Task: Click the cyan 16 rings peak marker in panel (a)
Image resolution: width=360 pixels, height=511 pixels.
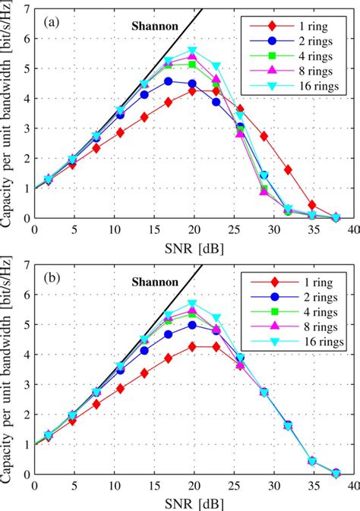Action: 192,51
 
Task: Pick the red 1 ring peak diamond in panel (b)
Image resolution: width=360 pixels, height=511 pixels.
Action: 192,346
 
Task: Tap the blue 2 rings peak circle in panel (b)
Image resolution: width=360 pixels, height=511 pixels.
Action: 192,325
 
